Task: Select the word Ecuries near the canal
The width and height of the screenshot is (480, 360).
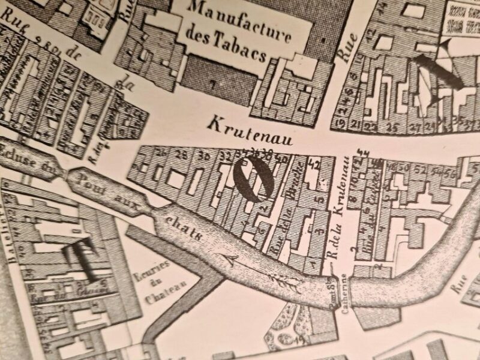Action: coord(160,269)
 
